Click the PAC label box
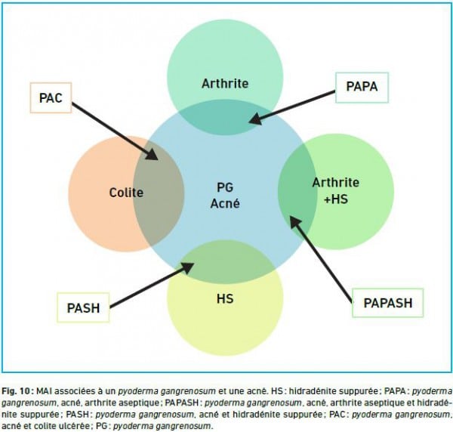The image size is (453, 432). tap(51, 97)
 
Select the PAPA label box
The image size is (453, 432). tap(362, 88)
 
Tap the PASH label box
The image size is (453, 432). tap(83, 307)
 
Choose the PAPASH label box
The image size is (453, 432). tap(388, 303)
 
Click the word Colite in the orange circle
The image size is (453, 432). tap(126, 193)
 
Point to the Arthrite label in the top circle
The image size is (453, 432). tap(225, 84)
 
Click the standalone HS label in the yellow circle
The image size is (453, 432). tap(225, 298)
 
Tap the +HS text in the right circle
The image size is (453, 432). tap(336, 199)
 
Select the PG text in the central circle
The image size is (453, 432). tap(225, 187)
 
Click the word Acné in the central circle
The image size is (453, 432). tap(225, 203)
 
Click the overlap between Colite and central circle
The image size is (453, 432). tap(159, 193)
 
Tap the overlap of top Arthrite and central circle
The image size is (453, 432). tap(225, 118)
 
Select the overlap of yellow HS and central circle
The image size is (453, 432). tap(225, 261)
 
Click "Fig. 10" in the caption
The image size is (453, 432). tap(16, 391)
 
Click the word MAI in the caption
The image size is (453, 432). tap(45, 391)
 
